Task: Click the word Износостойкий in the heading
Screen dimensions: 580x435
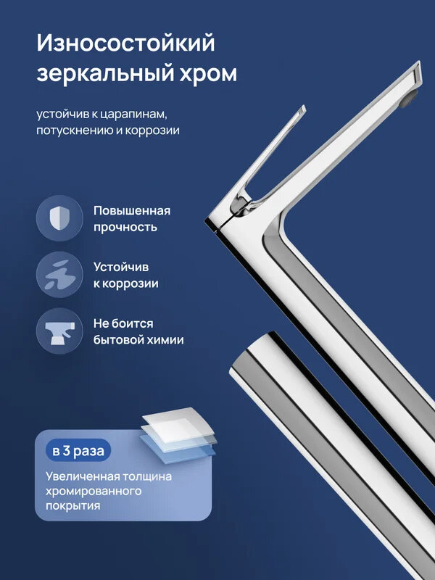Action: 126,43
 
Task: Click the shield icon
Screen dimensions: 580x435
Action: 59,218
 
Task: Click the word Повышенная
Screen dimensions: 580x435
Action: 132,210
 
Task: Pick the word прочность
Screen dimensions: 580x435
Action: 125,227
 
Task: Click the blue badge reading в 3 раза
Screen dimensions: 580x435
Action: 78,450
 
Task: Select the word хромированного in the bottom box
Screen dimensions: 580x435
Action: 93,492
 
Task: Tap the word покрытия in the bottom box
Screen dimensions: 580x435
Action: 72,507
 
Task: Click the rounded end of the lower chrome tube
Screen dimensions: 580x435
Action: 246,362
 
